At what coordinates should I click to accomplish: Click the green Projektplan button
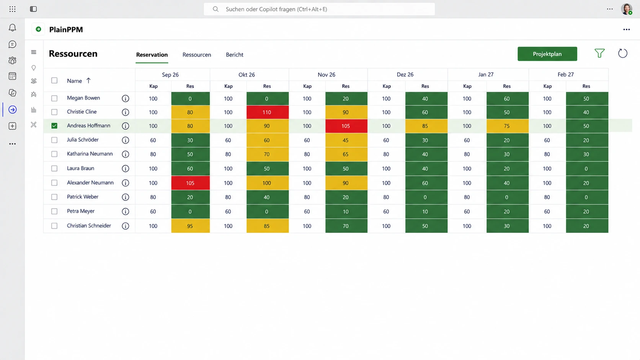click(547, 54)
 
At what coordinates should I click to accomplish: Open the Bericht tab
click(235, 55)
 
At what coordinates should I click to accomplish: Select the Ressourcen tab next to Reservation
click(197, 55)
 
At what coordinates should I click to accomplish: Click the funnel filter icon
click(599, 53)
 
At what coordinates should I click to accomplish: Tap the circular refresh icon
click(622, 54)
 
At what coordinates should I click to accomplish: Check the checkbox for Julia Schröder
click(54, 140)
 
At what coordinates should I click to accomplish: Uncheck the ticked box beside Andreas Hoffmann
click(54, 125)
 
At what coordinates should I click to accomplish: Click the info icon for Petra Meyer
click(126, 212)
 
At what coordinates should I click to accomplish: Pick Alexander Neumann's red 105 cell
click(190, 183)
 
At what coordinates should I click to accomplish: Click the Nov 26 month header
click(326, 75)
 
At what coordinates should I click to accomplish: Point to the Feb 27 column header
click(565, 75)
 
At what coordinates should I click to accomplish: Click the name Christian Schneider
click(89, 226)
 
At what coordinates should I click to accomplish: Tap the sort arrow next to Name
click(88, 80)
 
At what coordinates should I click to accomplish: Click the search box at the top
click(319, 9)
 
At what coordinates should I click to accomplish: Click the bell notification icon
click(12, 28)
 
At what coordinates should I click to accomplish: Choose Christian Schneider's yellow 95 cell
click(190, 226)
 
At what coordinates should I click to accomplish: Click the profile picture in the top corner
click(626, 9)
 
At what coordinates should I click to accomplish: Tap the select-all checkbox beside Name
click(54, 80)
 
